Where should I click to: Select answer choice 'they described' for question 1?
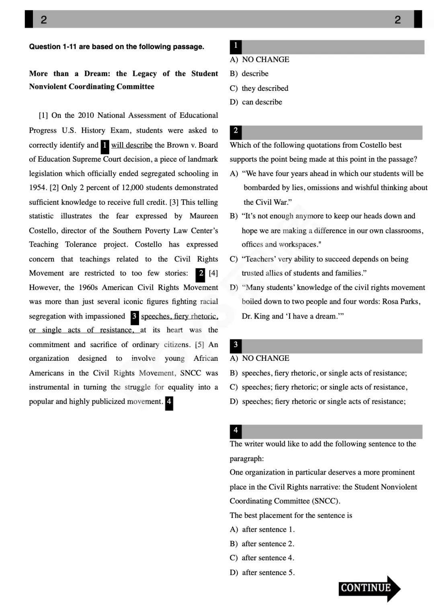pyautogui.click(x=265, y=88)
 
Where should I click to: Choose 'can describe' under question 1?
pyautogui.click(x=262, y=102)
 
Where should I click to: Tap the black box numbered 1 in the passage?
pyautogui.click(x=104, y=146)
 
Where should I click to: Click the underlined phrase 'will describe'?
pyautogui.click(x=132, y=145)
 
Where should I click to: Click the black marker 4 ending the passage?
pyautogui.click(x=169, y=402)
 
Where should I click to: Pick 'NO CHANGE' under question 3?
pyautogui.click(x=265, y=358)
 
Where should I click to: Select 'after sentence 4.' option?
pyautogui.click(x=268, y=558)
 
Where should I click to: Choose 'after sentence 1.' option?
pyautogui.click(x=268, y=530)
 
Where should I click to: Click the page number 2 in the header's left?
pyautogui.click(x=44, y=19)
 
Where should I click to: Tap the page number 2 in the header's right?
pyautogui.click(x=397, y=19)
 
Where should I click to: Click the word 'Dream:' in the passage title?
pyautogui.click(x=97, y=74)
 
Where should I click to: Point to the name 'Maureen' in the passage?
pyautogui.click(x=204, y=216)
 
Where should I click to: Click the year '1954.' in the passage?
pyautogui.click(x=38, y=188)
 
